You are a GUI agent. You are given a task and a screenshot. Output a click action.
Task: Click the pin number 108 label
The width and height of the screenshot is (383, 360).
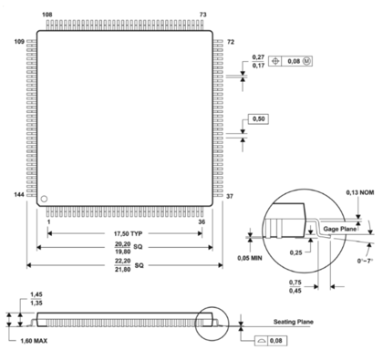tap(47, 15)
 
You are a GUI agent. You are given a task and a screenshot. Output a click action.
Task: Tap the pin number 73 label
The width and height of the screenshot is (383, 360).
tap(203, 15)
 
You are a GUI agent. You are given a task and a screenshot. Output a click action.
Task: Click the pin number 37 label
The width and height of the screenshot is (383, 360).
tap(231, 196)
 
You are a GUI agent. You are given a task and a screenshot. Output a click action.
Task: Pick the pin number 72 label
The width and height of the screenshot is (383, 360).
tap(231, 42)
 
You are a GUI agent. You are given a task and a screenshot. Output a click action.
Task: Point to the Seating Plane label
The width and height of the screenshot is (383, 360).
tap(294, 322)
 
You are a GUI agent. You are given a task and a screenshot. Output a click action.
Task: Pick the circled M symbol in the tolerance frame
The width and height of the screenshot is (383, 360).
tap(306, 61)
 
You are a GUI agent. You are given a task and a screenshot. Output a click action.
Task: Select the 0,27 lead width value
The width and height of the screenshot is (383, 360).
tap(258, 57)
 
